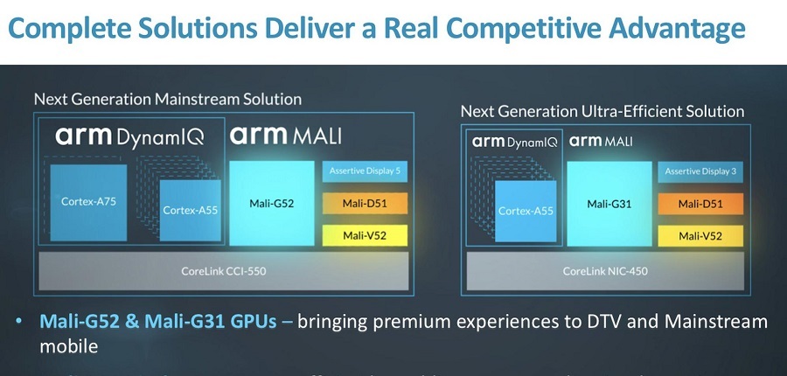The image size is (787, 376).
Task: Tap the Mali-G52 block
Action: [271, 202]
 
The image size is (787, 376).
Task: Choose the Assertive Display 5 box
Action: [366, 171]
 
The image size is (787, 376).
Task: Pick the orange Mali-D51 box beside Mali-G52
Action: [366, 205]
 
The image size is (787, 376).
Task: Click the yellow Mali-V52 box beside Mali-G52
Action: [366, 235]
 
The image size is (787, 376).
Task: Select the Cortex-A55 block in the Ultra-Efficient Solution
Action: [524, 211]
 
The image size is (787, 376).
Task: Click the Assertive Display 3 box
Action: [700, 172]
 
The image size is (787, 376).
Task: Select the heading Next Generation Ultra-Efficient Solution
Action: [602, 111]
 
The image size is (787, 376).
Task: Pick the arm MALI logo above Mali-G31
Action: [602, 141]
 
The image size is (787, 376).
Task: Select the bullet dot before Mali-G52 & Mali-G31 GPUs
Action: [20, 322]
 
